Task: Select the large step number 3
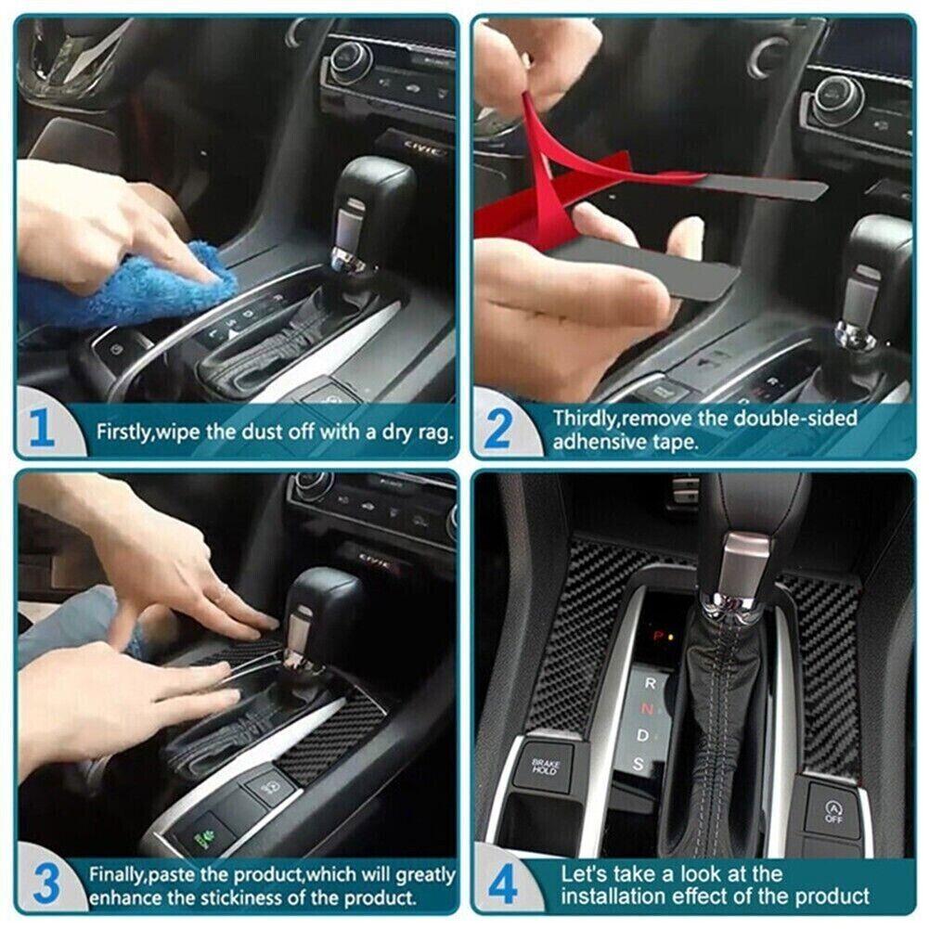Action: (x=47, y=884)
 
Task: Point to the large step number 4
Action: (x=504, y=884)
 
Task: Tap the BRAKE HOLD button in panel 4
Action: (x=545, y=767)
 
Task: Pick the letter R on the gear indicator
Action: (x=651, y=682)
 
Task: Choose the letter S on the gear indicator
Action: (x=639, y=764)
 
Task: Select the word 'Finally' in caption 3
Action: (x=117, y=874)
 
